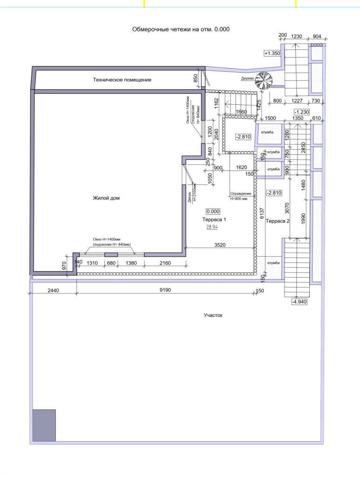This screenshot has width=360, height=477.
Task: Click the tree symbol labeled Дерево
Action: tap(263, 81)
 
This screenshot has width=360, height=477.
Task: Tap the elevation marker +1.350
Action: tap(272, 53)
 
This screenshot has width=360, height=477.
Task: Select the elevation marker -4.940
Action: tap(299, 302)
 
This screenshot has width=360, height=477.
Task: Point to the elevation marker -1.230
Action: tap(302, 112)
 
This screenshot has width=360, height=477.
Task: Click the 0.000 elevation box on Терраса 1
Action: tap(213, 211)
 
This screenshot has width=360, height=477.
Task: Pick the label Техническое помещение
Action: tap(122, 80)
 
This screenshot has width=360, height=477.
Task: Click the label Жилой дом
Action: tap(106, 198)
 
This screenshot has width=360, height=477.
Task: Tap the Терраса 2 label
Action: tap(277, 221)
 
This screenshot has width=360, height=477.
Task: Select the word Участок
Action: tap(213, 315)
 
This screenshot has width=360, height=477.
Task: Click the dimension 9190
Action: tap(165, 290)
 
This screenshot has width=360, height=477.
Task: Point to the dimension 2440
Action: tap(53, 290)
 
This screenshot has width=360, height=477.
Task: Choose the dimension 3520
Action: tap(220, 245)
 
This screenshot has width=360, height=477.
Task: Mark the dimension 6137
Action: tap(262, 213)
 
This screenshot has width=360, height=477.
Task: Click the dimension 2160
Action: tap(165, 263)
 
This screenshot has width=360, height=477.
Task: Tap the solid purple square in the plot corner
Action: tap(44, 425)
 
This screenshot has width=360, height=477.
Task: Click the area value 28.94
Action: tap(212, 227)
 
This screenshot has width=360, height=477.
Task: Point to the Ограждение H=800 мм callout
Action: tap(241, 196)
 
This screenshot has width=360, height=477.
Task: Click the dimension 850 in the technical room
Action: tap(196, 78)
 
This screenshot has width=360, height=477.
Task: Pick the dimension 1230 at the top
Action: tap(297, 36)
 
